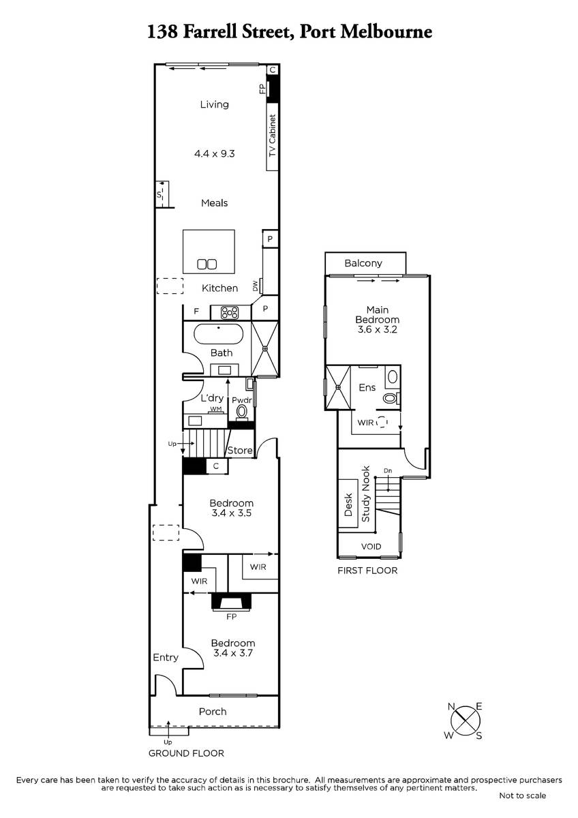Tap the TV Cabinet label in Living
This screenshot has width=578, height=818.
coord(273,136)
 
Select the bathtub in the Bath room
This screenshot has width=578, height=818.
coord(218,334)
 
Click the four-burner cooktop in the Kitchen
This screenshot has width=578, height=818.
coord(230,313)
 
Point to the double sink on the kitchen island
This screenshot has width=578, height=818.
coord(207,264)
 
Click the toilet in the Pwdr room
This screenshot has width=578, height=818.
coord(241,412)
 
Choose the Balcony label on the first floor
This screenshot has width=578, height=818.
coord(363,263)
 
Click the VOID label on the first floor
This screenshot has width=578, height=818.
coord(371,546)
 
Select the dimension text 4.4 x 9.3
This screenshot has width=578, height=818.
coord(214,154)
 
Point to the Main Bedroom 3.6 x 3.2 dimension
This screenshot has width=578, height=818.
coord(377,329)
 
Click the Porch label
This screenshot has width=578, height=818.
coord(213,712)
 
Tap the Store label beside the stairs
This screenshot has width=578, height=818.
coord(240,451)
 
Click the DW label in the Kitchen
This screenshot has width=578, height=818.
coord(255,286)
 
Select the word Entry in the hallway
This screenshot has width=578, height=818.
coord(166,658)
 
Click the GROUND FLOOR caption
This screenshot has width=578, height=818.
coord(186,753)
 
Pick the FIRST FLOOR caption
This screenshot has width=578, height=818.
coord(367,571)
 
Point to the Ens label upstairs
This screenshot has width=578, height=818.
coord(367,387)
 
